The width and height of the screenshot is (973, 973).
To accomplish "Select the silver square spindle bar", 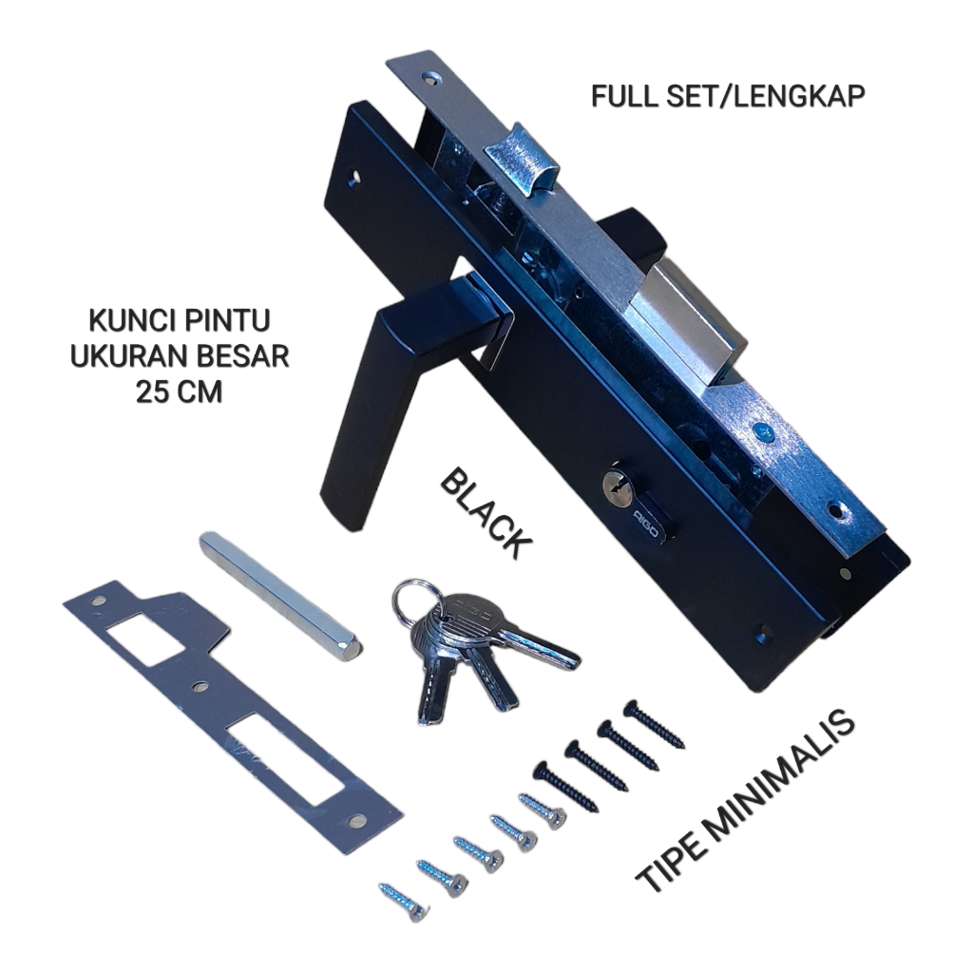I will [x=279, y=595].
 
